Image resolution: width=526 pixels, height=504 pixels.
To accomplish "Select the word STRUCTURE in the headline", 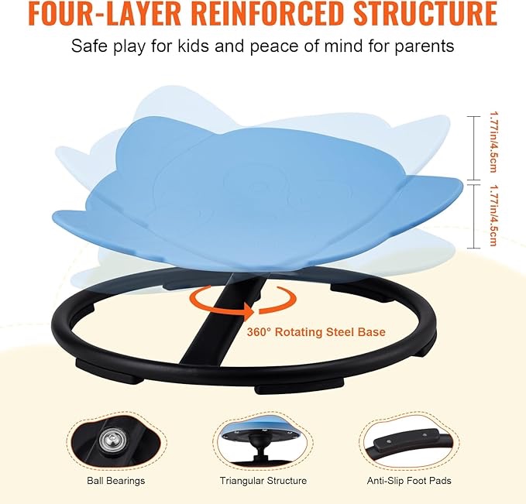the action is [426, 13].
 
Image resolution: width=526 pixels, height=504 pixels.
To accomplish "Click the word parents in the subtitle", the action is [424, 46].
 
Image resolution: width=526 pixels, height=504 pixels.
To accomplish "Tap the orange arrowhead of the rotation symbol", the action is [249, 310].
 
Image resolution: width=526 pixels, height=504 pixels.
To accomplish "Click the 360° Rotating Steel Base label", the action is [316, 332].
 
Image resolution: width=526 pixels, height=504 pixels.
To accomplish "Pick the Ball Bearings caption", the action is [115, 481].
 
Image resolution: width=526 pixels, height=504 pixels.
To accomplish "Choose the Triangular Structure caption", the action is [263, 481].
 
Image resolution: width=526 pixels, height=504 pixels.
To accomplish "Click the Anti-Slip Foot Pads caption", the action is [409, 481].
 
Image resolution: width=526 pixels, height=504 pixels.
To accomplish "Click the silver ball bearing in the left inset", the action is [110, 438].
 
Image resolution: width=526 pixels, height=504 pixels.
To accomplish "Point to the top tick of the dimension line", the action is [473, 116].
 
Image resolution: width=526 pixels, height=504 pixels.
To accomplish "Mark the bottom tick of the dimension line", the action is [473, 249].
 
